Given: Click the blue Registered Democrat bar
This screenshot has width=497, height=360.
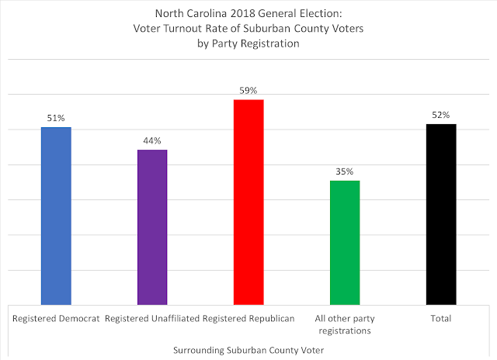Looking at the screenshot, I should tap(56, 216).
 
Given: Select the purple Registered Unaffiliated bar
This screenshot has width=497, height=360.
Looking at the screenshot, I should tap(152, 227).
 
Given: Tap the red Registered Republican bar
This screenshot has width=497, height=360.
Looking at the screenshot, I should tap(248, 202).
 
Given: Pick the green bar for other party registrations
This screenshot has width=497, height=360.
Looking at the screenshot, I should tap(345, 242).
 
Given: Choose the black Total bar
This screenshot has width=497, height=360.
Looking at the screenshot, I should tap(441, 214).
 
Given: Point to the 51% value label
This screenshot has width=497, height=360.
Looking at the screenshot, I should tap(56, 118).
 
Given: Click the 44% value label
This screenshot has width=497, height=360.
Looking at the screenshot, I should tap(152, 140).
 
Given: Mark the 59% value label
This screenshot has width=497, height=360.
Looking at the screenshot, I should tap(248, 91).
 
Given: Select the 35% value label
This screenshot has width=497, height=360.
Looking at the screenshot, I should tap(345, 171).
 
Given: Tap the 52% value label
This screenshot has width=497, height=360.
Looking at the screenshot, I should tap(441, 115).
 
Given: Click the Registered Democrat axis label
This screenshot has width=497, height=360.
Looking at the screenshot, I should tap(56, 319).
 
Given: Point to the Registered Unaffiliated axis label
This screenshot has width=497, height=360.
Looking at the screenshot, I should tap(151, 319).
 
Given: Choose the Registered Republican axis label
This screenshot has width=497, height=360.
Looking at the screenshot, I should tap(248, 319).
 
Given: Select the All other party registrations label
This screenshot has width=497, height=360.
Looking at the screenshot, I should tap(345, 324).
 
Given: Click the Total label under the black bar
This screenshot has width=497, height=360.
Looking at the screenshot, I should tap(441, 319).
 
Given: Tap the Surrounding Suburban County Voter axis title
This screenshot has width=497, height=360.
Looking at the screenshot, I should tap(248, 349).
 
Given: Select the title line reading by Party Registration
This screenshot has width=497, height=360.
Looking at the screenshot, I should tap(248, 44).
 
